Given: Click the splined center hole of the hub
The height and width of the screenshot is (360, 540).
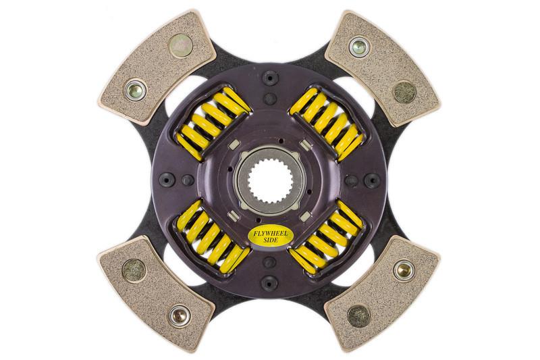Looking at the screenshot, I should click(x=269, y=178).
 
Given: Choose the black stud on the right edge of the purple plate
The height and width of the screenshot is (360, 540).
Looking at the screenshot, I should click(x=371, y=179).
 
